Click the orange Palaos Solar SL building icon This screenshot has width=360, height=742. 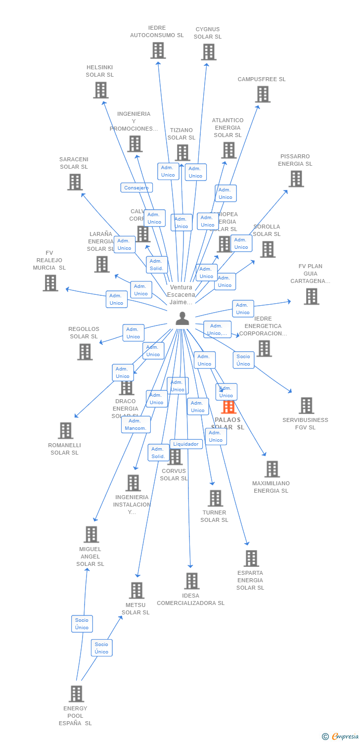[x=228, y=407]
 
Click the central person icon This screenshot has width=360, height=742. [x=182, y=319]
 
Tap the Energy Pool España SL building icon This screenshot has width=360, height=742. [x=76, y=694]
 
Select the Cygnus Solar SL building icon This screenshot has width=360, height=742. [x=209, y=52]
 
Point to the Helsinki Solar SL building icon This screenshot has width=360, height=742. [x=100, y=90]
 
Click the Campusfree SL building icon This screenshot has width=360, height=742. [x=263, y=94]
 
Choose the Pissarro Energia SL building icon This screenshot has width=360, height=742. [x=296, y=179]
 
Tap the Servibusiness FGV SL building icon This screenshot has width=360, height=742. [x=306, y=406]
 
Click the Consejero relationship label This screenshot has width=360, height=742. [x=136, y=188]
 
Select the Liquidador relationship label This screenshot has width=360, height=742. [x=186, y=444]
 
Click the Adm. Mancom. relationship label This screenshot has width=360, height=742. [x=135, y=424]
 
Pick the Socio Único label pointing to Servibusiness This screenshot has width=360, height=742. [x=243, y=360]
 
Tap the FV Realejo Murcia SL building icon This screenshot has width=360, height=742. [x=50, y=283]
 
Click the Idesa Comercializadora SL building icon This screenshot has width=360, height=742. [x=191, y=581]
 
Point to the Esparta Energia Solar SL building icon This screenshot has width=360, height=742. [x=251, y=558]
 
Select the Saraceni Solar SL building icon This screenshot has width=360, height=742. [x=75, y=182]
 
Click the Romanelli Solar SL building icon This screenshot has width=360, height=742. [x=65, y=430]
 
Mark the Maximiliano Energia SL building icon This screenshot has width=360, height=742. [x=271, y=469]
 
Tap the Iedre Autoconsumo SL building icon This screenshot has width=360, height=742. [x=158, y=50]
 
